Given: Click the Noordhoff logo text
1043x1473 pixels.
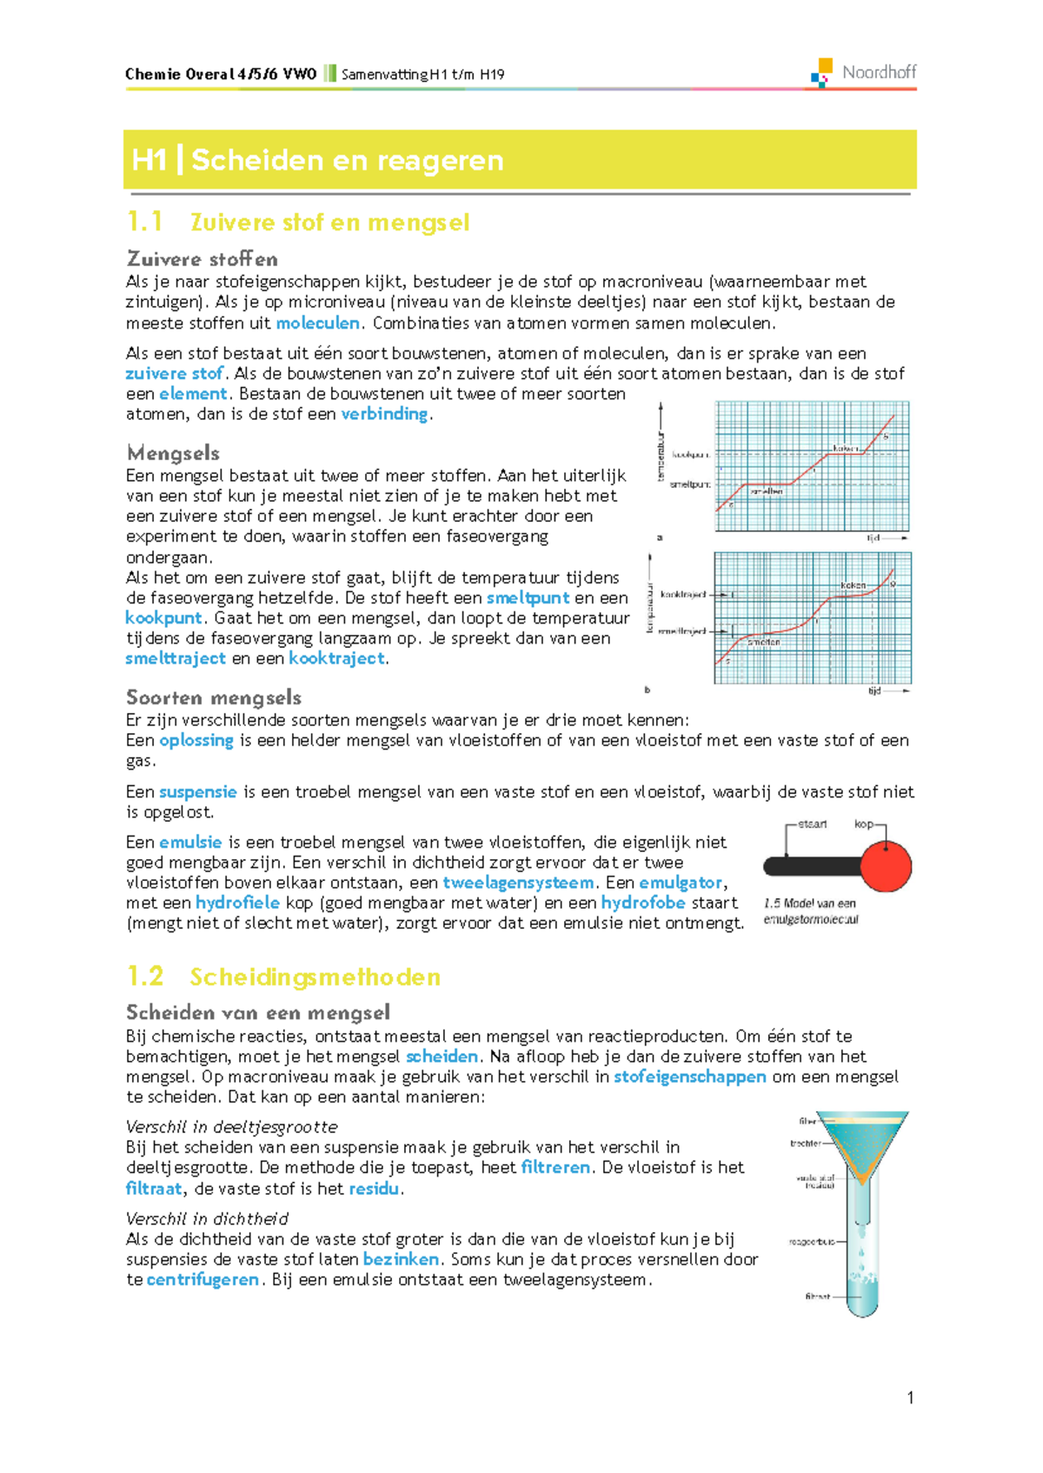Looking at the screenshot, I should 878,72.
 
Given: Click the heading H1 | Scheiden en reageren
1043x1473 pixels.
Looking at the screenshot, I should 317,160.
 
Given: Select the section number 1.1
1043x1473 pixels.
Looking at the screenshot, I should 144,222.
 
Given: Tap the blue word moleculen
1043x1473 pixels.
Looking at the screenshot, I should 317,323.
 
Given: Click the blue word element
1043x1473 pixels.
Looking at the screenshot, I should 192,393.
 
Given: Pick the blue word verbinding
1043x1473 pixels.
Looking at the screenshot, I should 384,414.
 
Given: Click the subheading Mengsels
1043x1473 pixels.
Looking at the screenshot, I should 173,452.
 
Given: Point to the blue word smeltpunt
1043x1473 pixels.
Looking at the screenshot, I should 528,597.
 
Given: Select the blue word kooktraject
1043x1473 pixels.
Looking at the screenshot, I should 336,658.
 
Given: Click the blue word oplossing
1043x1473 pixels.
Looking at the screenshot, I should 196,740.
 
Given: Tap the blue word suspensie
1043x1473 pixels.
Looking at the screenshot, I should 197,791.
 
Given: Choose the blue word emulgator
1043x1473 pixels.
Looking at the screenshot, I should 680,883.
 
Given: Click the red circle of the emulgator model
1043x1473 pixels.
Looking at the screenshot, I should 886,867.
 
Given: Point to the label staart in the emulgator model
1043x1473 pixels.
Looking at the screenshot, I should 812,823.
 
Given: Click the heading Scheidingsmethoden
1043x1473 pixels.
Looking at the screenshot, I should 315,976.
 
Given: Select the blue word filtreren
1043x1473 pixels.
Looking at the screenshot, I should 555,1167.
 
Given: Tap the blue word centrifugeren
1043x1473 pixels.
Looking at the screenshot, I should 203,1279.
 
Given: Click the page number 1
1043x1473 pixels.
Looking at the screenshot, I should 910,1397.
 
